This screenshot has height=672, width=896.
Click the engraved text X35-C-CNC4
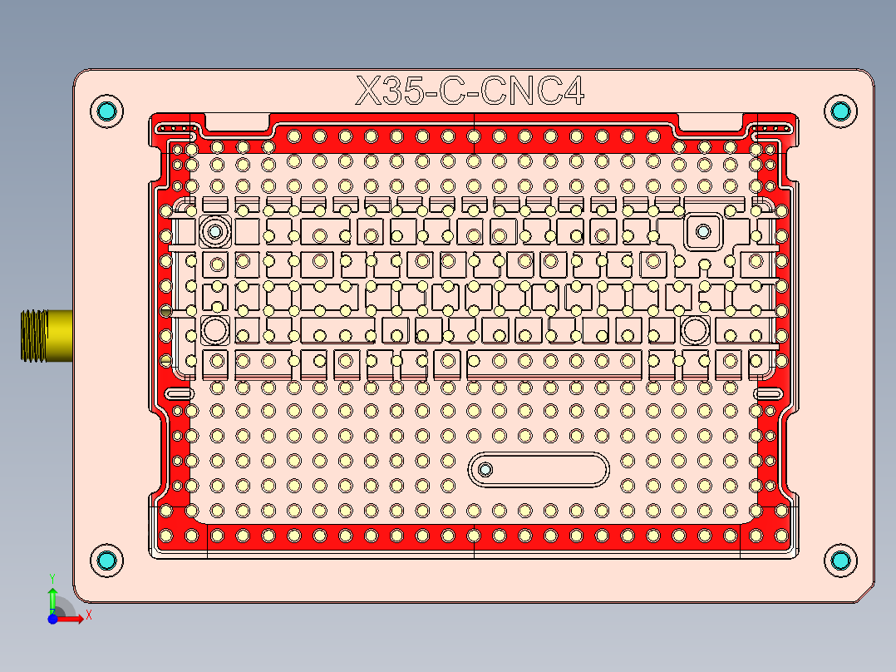[470, 91]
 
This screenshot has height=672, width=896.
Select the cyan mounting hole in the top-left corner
[106, 111]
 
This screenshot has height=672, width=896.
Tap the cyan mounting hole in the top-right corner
[840, 111]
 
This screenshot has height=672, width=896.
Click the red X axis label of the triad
[88, 615]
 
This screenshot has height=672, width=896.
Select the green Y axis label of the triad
[52, 576]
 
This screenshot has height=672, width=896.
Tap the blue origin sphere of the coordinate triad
[52, 619]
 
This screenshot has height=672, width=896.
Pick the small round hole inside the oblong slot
[485, 470]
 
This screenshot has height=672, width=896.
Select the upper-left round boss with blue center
[216, 230]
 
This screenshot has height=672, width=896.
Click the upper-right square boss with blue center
[703, 230]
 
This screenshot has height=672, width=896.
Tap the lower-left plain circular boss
[216, 330]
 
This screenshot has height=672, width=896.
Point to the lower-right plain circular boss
[693, 330]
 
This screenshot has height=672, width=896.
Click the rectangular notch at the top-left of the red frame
[237, 122]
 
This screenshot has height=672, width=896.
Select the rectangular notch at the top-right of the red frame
[711, 122]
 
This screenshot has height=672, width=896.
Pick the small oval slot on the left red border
[179, 393]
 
